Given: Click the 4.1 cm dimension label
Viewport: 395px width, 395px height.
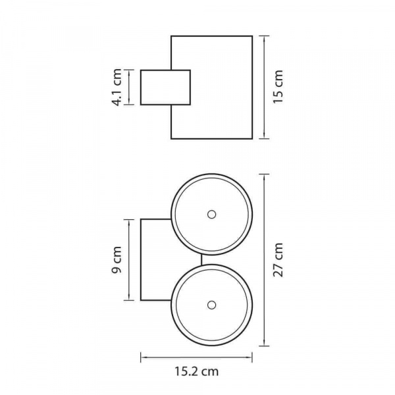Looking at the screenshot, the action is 117,88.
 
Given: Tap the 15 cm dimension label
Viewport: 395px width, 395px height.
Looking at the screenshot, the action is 278,86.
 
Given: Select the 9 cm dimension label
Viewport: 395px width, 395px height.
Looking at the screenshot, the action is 117,260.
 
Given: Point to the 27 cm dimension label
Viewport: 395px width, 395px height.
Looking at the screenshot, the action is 278,260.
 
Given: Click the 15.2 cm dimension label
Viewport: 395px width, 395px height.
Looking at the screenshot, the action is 196,371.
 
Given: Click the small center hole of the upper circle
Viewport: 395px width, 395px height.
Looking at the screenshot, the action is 211,215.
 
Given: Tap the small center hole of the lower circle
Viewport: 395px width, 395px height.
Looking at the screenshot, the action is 211,305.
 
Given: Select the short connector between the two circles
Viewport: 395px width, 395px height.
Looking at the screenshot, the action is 201,260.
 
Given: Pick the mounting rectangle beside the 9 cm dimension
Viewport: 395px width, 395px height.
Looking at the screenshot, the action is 141,260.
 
